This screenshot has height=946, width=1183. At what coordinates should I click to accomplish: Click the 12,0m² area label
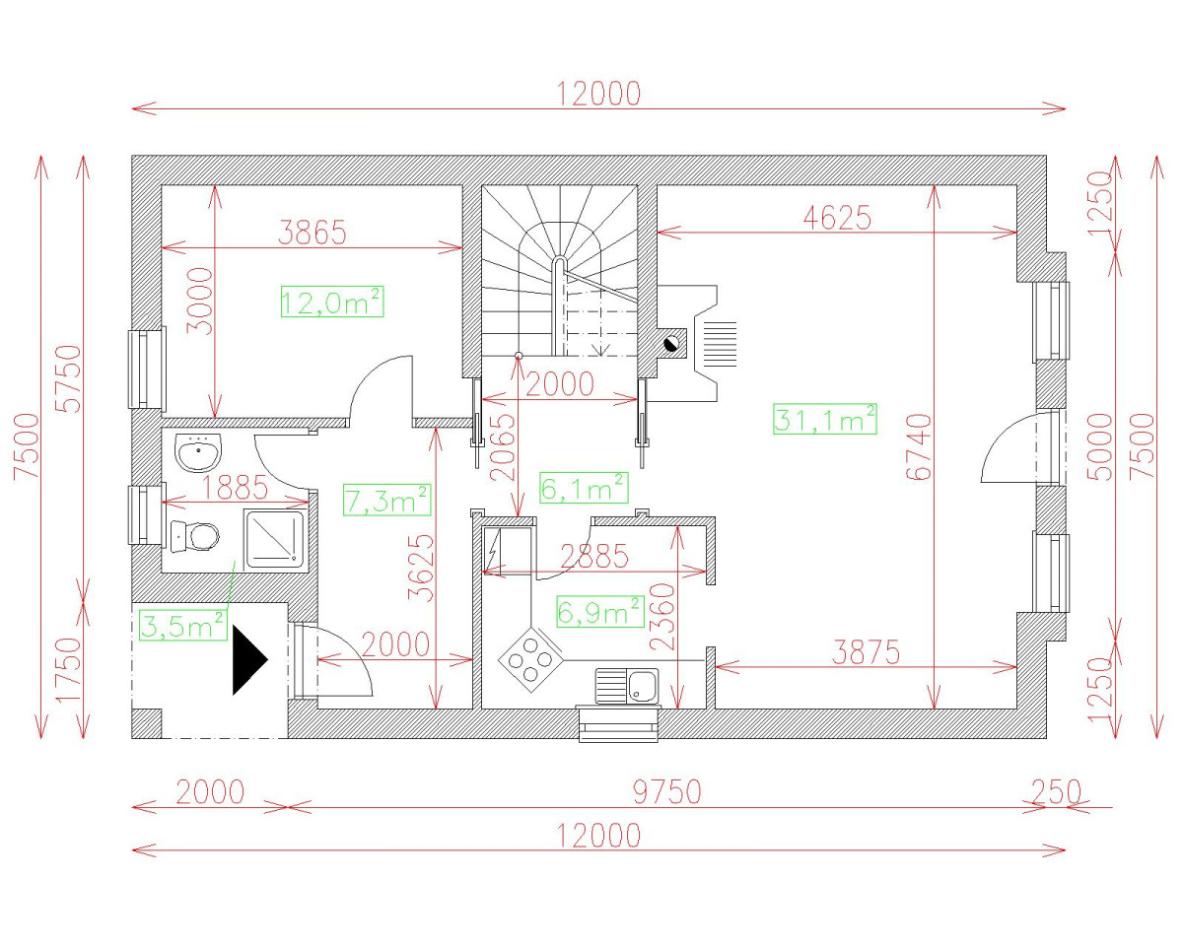tap(332, 302)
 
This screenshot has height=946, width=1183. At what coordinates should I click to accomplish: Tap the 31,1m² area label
tap(824, 419)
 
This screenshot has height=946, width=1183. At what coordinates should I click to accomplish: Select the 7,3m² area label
tap(387, 500)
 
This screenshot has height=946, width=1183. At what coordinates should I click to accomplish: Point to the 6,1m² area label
tap(584, 488)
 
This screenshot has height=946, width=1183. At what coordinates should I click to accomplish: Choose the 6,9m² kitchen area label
tap(600, 611)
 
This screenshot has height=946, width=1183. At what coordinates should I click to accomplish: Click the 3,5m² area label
tap(183, 625)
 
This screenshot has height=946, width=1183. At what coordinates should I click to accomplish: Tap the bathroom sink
tap(198, 452)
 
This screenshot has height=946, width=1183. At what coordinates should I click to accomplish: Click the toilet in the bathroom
tap(195, 536)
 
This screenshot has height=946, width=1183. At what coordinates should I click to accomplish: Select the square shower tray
tap(274, 539)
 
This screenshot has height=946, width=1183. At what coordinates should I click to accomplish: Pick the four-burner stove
tap(530, 659)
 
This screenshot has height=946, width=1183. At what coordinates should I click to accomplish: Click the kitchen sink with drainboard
tap(627, 686)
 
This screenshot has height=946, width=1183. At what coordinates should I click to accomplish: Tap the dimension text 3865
tap(313, 232)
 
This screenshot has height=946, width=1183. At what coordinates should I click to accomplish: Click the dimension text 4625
tap(837, 217)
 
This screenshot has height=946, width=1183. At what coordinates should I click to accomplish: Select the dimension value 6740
tap(919, 447)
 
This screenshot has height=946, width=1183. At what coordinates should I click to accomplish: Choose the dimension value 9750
tap(666, 791)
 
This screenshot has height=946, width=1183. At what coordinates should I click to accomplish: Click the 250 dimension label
tap(1057, 791)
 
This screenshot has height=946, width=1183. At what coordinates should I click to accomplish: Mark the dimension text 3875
tap(866, 652)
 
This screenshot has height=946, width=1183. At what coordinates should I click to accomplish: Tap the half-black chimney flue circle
tap(671, 344)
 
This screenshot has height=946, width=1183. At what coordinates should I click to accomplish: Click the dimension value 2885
tap(594, 556)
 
